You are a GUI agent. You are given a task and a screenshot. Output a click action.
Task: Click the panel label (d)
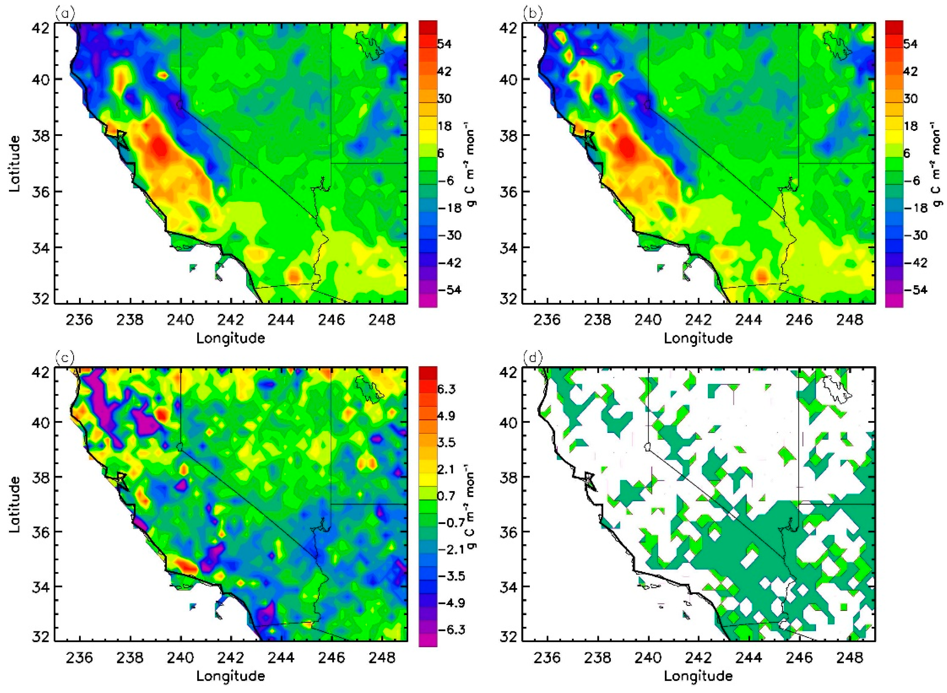532,357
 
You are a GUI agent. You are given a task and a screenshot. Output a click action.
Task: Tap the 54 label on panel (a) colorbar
444,44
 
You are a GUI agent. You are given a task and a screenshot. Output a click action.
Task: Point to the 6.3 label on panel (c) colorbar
446,389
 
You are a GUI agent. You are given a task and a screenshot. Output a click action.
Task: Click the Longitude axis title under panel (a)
231,338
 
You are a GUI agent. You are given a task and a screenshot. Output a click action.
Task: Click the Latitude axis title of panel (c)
15,504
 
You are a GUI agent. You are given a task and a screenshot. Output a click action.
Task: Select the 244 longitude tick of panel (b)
749,320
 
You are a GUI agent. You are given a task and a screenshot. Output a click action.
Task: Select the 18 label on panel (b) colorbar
911,126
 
